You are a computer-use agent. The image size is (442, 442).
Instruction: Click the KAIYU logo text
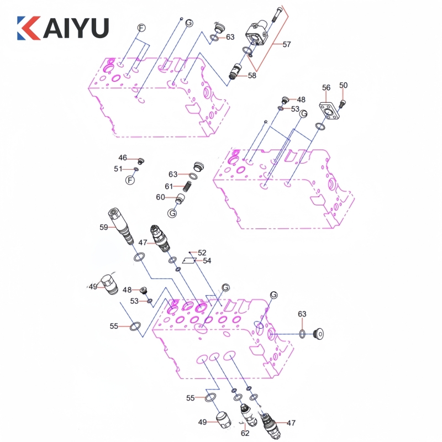[x=62, y=28]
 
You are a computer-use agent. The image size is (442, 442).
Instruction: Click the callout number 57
[x=287, y=44]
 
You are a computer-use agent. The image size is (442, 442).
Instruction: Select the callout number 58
[x=252, y=76]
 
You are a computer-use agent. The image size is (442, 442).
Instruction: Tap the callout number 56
[x=327, y=87]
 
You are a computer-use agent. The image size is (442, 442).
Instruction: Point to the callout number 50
[x=344, y=85]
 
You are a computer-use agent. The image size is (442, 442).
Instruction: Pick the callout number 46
[x=123, y=158]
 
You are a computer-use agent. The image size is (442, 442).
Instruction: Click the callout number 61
[x=169, y=186]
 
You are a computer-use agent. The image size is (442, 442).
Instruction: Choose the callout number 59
[x=103, y=226]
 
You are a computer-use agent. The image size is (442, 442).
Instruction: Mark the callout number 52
[x=202, y=252]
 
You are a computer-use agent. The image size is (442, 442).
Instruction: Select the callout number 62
[x=245, y=434]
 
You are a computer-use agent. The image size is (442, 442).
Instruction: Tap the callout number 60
[x=160, y=197]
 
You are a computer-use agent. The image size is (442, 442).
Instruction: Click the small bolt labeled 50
[x=342, y=103]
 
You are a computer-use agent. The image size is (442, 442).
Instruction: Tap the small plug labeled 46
[x=140, y=161]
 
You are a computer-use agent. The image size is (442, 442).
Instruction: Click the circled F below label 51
[x=130, y=181]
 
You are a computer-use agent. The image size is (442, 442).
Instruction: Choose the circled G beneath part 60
[x=172, y=213]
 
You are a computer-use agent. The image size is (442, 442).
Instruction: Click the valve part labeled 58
[x=236, y=71]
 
